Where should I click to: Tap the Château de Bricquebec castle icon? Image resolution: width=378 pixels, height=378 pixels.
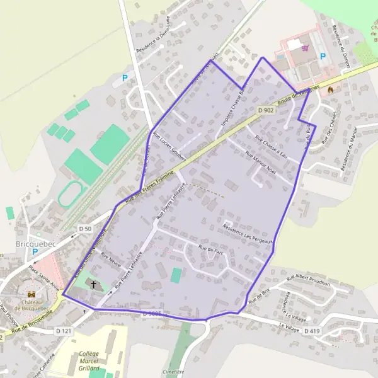[31, 294]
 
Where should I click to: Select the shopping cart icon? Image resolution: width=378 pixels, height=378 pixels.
[306, 48]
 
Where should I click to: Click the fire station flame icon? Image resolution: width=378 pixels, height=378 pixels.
[329, 89]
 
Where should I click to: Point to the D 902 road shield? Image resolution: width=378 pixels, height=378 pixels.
[266, 110]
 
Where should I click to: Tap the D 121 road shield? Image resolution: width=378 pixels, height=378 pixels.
[63, 330]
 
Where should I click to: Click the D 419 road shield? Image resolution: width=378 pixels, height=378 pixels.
[312, 331]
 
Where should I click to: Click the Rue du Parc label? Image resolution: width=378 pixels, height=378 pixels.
[211, 250]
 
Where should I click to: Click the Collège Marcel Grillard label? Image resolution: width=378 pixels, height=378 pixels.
[91, 361]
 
